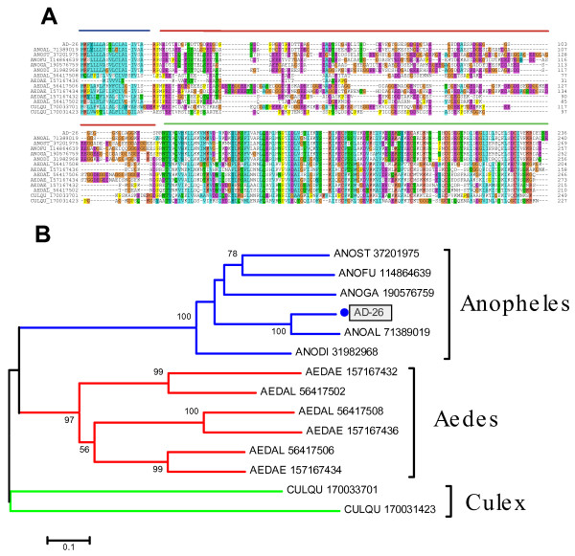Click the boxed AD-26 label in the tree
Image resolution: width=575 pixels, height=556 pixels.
(x=365, y=314)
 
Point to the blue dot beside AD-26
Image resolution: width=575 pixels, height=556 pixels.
(x=342, y=314)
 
